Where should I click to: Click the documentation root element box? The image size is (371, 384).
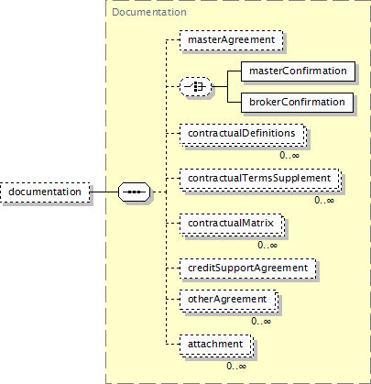(x=45, y=192)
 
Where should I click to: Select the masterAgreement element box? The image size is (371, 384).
(x=231, y=40)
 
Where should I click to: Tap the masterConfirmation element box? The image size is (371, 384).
(x=298, y=71)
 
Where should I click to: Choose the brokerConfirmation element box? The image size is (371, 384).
(x=297, y=103)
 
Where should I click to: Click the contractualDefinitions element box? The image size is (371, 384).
(x=243, y=134)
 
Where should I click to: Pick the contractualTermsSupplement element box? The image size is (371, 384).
(x=260, y=179)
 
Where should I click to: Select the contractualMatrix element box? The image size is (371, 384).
(x=232, y=224)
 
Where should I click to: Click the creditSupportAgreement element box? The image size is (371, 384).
(x=247, y=269)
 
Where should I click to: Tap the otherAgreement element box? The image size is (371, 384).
(x=229, y=300)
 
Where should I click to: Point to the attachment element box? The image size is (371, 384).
(x=216, y=345)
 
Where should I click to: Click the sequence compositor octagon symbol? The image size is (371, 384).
(x=135, y=192)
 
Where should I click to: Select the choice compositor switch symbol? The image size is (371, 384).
(x=195, y=87)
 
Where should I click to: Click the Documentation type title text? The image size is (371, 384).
(x=149, y=12)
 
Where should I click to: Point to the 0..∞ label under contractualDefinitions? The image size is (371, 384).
(x=289, y=155)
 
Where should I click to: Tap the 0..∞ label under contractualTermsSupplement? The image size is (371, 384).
(x=324, y=201)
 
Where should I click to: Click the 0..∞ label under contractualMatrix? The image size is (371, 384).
(x=267, y=245)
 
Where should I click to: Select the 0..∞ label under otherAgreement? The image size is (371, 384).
(x=261, y=321)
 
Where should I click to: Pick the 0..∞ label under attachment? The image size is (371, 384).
(x=236, y=366)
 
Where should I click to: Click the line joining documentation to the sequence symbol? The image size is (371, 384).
(x=104, y=192)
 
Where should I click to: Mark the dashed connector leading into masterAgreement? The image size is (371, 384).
(x=173, y=40)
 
